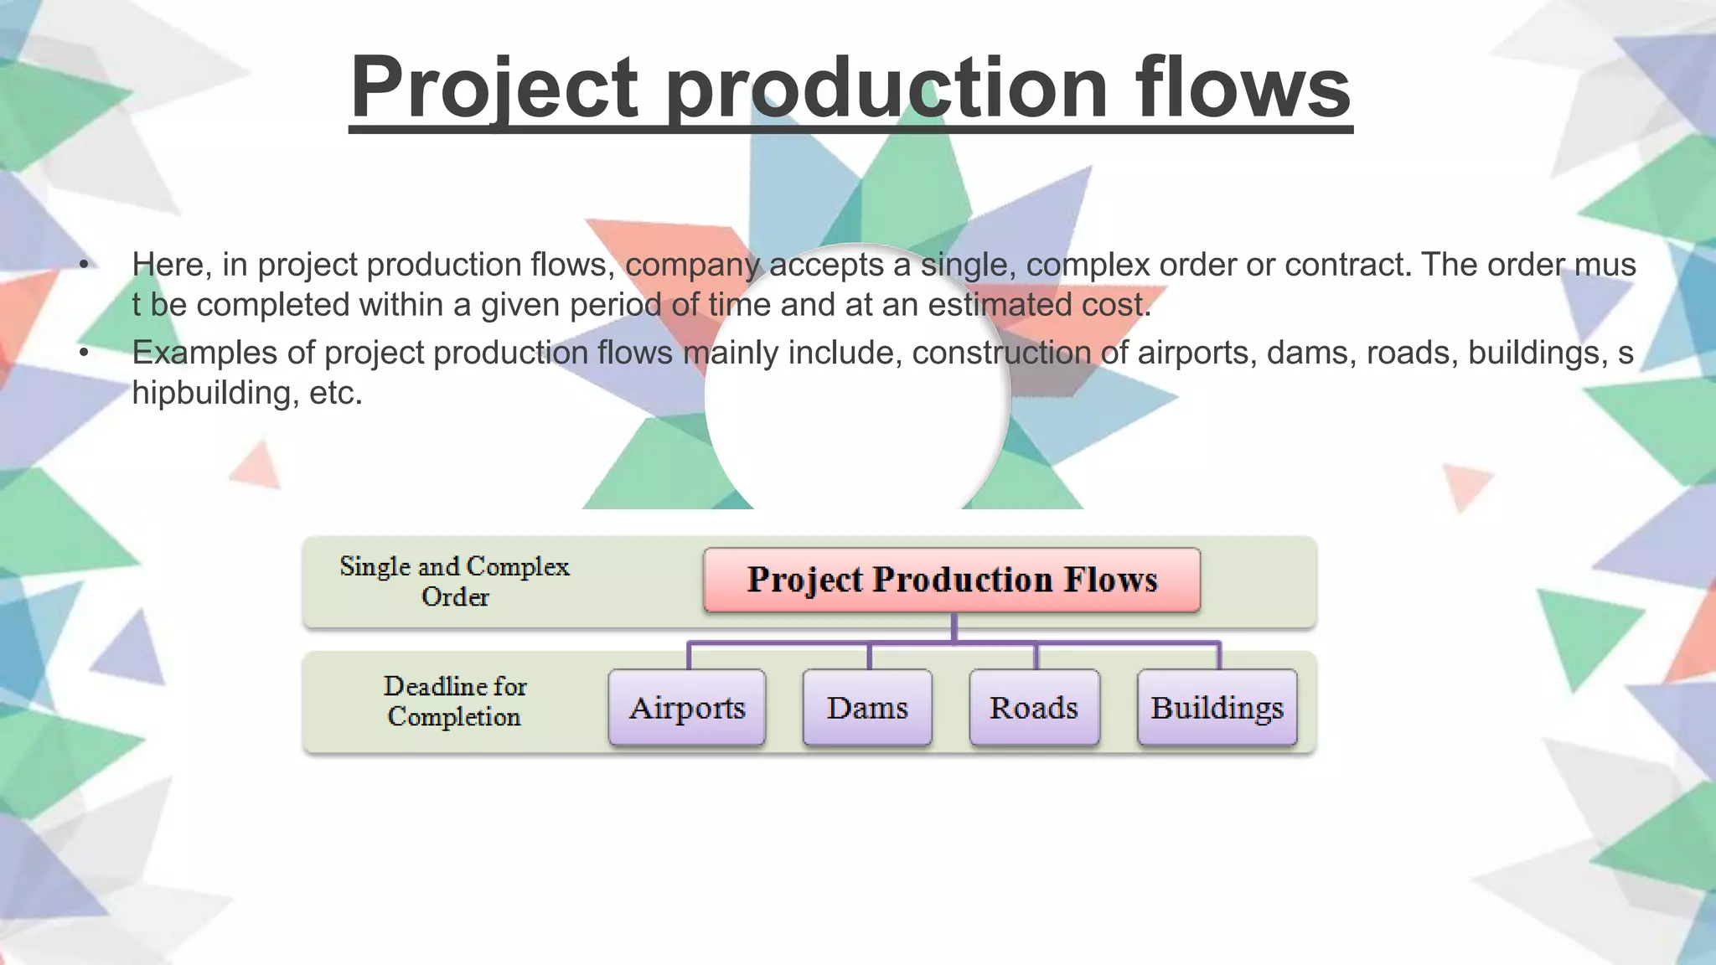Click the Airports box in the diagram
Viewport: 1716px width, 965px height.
[x=687, y=708]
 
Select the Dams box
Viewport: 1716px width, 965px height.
[x=867, y=708]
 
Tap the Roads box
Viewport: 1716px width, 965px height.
[x=1034, y=708]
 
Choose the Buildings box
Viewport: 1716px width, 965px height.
[x=1217, y=708]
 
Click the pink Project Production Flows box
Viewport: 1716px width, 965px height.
[x=952, y=580]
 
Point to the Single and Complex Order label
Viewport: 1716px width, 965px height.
[x=454, y=581]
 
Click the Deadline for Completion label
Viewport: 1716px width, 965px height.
[x=454, y=701]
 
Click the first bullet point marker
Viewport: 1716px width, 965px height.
[x=84, y=266]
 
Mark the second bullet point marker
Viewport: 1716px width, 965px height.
[x=84, y=353]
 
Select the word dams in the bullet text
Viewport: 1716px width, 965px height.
[x=1310, y=353]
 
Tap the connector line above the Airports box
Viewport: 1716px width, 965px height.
[x=689, y=655]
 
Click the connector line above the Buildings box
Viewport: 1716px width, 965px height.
[x=1219, y=655]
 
